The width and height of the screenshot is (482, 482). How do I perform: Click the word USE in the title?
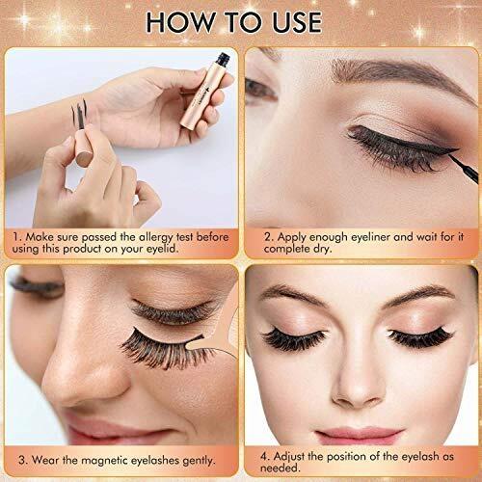297,22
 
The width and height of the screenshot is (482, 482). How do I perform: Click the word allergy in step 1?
156,238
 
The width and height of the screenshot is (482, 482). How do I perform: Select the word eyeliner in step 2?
370,238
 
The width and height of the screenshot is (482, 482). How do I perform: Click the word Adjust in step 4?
289,457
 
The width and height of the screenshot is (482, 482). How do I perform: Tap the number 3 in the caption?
22,460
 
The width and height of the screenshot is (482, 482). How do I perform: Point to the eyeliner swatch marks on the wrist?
79,114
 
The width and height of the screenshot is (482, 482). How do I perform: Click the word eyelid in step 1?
162,250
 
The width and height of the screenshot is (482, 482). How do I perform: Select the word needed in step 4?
281,469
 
